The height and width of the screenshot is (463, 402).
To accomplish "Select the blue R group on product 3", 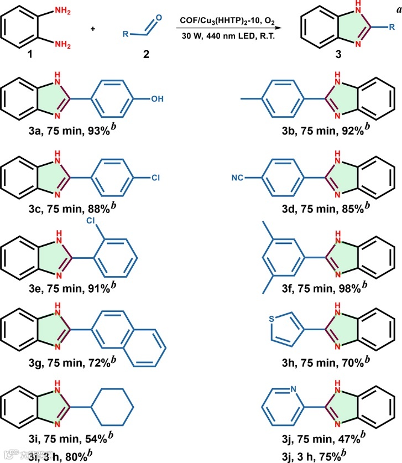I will point(391,26).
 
